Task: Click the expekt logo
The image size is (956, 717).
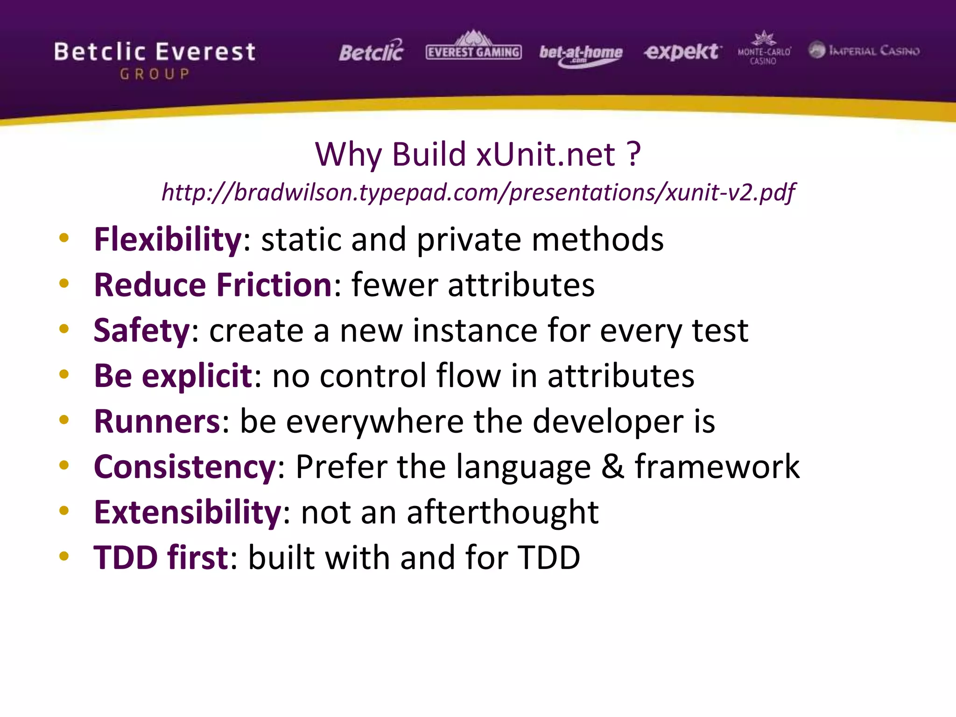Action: click(x=682, y=51)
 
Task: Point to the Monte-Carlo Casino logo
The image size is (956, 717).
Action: click(x=764, y=49)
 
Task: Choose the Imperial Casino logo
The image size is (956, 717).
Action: click(x=864, y=50)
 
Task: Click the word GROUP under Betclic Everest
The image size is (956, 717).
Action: click(x=155, y=74)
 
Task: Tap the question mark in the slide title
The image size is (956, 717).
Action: click(x=633, y=154)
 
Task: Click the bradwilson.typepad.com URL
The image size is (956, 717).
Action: click(x=478, y=192)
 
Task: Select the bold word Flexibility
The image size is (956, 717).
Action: click(x=168, y=239)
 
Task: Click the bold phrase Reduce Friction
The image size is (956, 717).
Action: click(x=213, y=285)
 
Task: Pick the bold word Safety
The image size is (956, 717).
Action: click(x=141, y=330)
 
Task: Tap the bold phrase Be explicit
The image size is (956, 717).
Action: click(x=173, y=376)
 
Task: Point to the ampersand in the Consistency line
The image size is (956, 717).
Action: click(x=612, y=466)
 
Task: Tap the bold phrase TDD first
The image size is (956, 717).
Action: click(x=161, y=557)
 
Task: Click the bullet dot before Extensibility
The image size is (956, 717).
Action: click(x=64, y=511)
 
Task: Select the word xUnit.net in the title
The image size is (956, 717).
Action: click(x=546, y=154)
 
